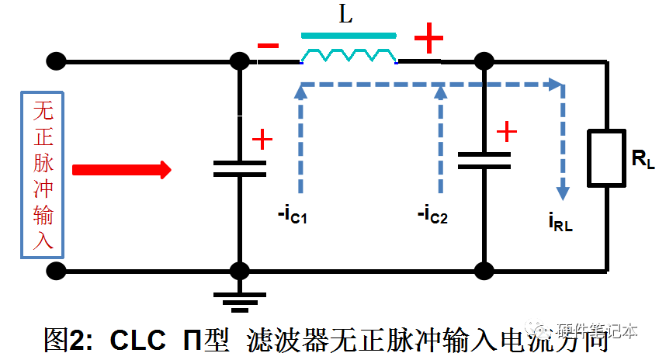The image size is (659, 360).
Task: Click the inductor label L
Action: [346, 16]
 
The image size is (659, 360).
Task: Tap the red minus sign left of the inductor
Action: [268, 46]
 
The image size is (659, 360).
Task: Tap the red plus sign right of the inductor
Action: [428, 38]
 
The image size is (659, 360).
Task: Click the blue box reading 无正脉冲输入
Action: [43, 175]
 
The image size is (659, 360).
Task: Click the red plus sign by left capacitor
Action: [262, 140]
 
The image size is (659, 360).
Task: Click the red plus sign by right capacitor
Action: [506, 131]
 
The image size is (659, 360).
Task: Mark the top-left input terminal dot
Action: [56, 61]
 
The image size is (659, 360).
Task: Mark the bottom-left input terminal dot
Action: [56, 271]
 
